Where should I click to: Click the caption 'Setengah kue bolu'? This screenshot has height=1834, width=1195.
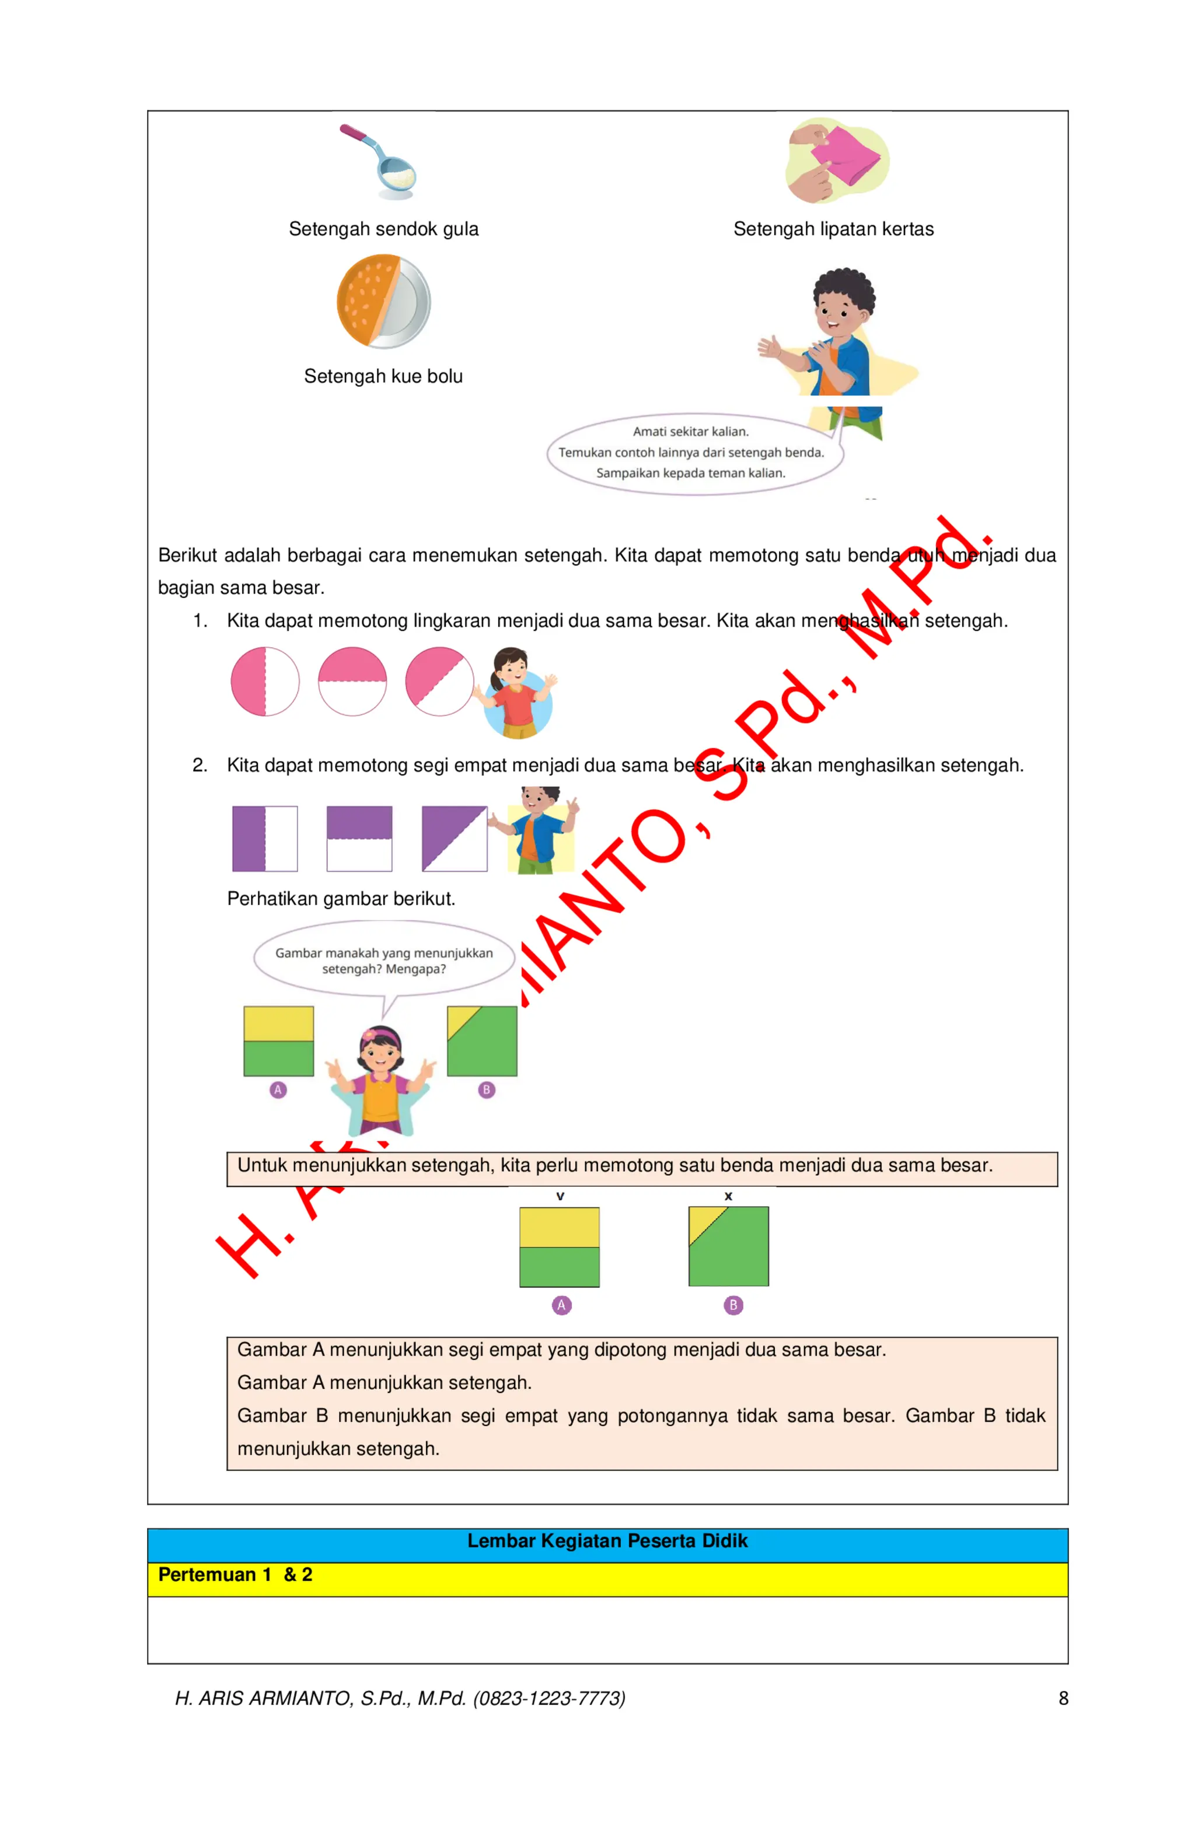point(383,376)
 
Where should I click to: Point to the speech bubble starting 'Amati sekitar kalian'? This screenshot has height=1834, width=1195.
point(691,452)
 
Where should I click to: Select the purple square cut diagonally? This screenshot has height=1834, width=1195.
point(454,839)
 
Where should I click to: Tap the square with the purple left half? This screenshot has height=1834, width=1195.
point(265,839)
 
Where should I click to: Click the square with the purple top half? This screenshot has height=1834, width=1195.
point(359,839)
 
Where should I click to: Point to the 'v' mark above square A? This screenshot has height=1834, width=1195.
point(560,1196)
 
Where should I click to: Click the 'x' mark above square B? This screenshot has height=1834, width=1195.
point(728,1196)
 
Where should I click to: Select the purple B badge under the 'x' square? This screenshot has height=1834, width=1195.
point(733,1305)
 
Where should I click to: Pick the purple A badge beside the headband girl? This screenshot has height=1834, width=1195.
point(278,1089)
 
